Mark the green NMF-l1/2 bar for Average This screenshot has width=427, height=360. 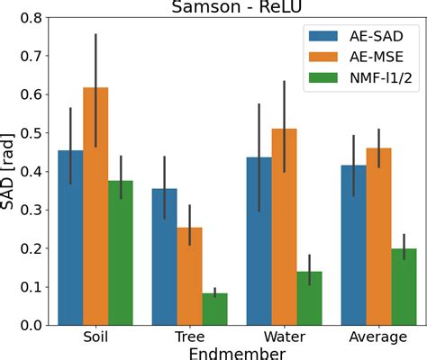404,287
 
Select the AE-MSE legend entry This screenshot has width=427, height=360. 357,58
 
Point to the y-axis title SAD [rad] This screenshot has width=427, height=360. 12,171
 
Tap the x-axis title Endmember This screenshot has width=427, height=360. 237,353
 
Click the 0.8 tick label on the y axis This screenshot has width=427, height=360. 32,17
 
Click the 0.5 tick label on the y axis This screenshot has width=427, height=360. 32,132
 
